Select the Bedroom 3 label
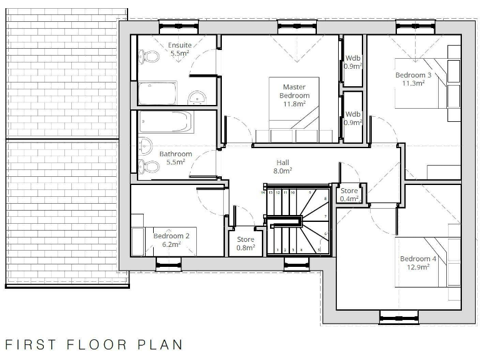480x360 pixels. coord(413,79)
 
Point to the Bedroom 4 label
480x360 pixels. coord(415,262)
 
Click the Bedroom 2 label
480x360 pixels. coord(171,240)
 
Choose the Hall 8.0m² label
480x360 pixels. coord(282,166)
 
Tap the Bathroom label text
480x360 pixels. coord(175,157)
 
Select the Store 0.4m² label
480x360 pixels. coord(349,195)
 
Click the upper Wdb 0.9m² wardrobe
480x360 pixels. coord(353,61)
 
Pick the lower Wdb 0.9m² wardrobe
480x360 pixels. coord(353,118)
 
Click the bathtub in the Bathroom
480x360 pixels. coord(164,122)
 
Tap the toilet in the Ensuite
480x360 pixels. coord(149,57)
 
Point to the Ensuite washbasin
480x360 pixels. coord(197,97)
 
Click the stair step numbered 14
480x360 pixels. coord(264,192)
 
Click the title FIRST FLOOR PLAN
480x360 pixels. coord(94,344)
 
